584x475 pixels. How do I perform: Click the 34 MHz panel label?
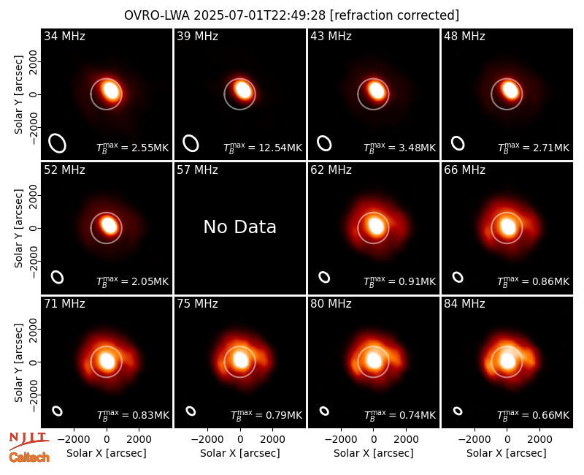[64, 36]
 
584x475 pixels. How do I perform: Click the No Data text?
[240, 227]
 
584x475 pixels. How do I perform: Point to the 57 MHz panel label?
[197, 170]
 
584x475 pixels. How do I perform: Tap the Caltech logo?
[29, 457]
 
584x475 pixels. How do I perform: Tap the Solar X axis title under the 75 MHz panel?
[240, 453]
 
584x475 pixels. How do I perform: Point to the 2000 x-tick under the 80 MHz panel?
[406, 440]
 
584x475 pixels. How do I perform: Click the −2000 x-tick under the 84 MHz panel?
[474, 440]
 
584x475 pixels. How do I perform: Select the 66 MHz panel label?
[464, 170]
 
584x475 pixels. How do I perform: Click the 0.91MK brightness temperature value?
[417, 281]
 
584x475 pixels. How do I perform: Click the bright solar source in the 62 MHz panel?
[376, 226]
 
